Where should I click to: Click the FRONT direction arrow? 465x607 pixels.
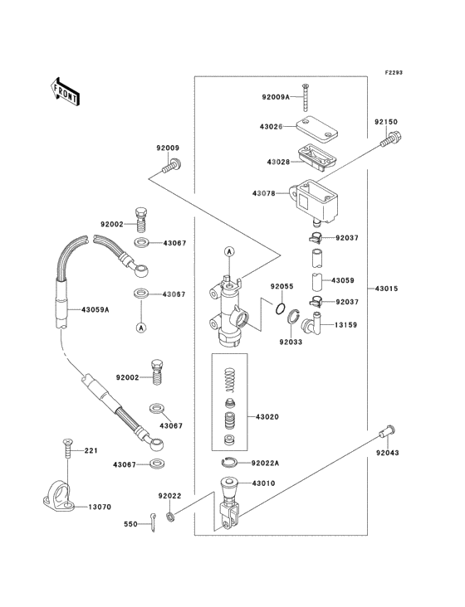pyautogui.click(x=65, y=91)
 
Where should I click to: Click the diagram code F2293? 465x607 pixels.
pyautogui.click(x=394, y=72)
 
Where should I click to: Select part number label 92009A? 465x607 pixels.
pyautogui.click(x=276, y=97)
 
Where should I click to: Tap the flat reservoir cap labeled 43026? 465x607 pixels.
pyautogui.click(x=316, y=127)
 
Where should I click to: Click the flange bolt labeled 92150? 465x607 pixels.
pyautogui.click(x=390, y=140)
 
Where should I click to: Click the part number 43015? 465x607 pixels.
pyautogui.click(x=386, y=289)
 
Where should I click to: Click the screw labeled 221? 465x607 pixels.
pyautogui.click(x=67, y=449)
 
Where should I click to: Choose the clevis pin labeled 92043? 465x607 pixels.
pyautogui.click(x=388, y=431)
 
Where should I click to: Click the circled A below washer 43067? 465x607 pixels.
pyautogui.click(x=141, y=328)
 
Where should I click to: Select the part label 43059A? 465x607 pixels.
pyautogui.click(x=95, y=309)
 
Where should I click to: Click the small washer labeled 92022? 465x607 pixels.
pyautogui.click(x=170, y=517)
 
